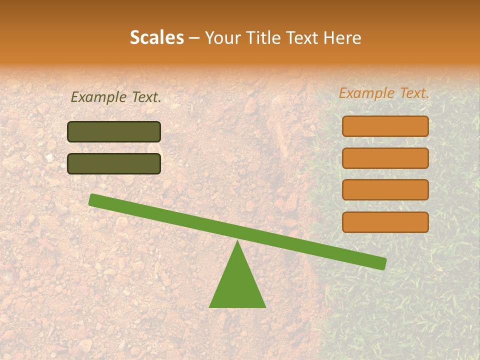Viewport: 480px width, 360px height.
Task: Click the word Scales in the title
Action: [x=156, y=37]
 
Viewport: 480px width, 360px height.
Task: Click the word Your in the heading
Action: [x=221, y=38]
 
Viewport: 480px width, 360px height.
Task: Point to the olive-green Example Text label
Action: [x=116, y=97]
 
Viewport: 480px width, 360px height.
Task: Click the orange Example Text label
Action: [x=384, y=93]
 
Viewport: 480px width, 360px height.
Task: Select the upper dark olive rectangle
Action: [x=114, y=131]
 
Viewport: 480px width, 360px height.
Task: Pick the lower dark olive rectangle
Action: [x=114, y=163]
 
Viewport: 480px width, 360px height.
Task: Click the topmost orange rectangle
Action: [x=385, y=126]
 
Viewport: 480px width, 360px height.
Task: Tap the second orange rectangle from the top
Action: [x=385, y=158]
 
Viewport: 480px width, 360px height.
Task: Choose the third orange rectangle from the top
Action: [x=385, y=190]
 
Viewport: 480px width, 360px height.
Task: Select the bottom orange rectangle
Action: [x=385, y=222]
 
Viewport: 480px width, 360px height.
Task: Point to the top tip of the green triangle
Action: [x=237, y=243]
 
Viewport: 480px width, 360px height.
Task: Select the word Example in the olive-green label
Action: [x=99, y=97]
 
